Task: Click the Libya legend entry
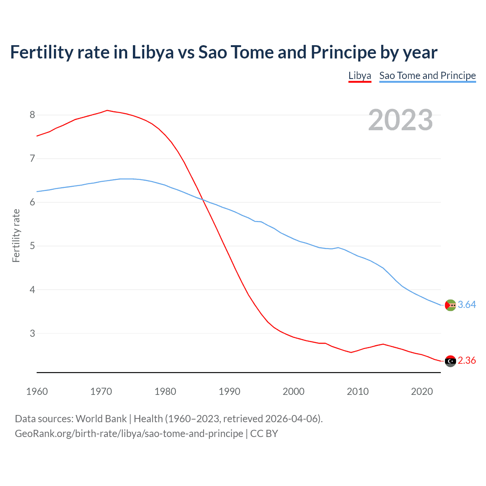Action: [x=360, y=76]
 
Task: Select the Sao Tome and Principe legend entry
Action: [x=427, y=76]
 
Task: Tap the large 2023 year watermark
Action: [x=400, y=120]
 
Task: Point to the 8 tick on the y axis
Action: [x=32, y=115]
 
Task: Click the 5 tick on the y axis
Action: [x=32, y=246]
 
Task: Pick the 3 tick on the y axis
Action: [x=32, y=333]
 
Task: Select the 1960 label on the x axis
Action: [x=37, y=391]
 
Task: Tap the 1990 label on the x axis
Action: [x=229, y=391]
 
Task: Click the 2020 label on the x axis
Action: [x=422, y=391]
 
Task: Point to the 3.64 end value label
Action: [x=467, y=305]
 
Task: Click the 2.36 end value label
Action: [x=467, y=360]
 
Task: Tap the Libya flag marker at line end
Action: [x=450, y=361]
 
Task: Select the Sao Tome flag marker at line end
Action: [x=450, y=305]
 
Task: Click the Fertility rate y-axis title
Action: [x=16, y=235]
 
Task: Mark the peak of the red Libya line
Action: [x=107, y=110]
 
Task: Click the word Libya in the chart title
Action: [x=153, y=52]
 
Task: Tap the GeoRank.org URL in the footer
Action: [x=129, y=434]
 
